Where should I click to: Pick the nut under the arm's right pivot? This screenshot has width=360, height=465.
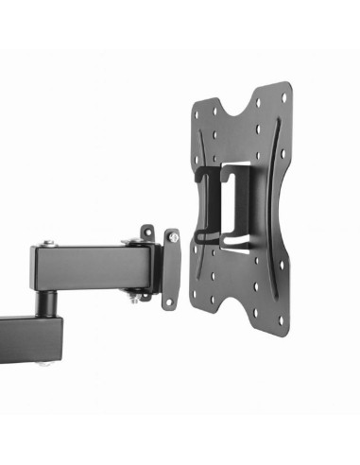[x=141, y=298]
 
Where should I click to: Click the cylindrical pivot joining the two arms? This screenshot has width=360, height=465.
[x=43, y=301]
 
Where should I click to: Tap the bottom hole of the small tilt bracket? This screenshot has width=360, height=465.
[x=169, y=301]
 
